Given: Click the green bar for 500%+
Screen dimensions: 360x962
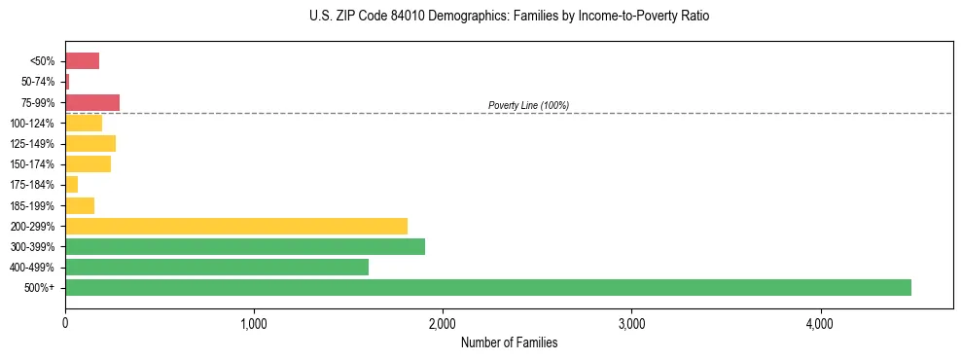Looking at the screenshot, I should tap(487, 287).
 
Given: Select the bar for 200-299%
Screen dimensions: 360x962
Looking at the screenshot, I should tap(235, 226).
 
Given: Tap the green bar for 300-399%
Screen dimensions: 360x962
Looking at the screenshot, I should tap(244, 246).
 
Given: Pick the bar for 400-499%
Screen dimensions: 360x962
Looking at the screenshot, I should tap(216, 267).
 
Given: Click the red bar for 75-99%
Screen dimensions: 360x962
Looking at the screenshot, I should tap(92, 102).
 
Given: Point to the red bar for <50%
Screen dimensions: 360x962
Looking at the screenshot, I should tap(82, 61).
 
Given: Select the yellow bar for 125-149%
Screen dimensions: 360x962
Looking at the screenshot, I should tap(90, 144).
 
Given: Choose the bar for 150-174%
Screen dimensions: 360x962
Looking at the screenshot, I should tap(88, 164).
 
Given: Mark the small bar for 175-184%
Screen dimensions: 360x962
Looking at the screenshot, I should tap(71, 185).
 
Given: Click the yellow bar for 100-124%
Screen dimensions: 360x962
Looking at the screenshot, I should tap(84, 124).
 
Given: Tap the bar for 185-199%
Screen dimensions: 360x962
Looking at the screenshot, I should tap(80, 205).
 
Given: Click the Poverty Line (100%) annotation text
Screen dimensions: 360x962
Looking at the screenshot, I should tap(528, 105).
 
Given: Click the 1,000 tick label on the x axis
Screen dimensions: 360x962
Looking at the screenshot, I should tap(254, 322).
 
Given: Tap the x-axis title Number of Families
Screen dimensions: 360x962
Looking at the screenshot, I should tap(509, 342).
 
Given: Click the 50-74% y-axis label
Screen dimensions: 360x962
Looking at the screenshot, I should tap(38, 82).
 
